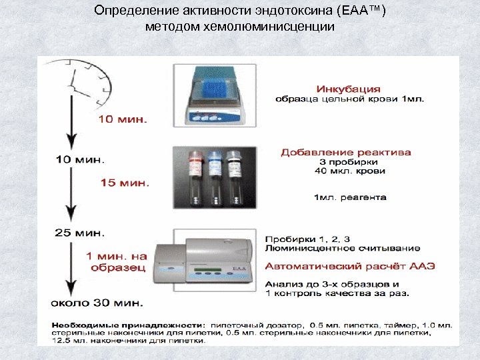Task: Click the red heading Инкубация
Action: coord(349,89)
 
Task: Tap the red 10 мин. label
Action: coord(124,120)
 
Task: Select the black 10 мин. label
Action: coord(80,159)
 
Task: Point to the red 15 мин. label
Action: coord(125,181)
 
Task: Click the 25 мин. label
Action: coord(79,233)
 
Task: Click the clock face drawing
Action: coord(90,80)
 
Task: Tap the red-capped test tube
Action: coord(196,177)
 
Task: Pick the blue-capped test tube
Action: coord(214,177)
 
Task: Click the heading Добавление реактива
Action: coord(346,153)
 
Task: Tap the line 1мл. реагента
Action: coord(350,197)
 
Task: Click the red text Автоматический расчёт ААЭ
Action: coord(350,265)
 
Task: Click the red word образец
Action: coord(117,267)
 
